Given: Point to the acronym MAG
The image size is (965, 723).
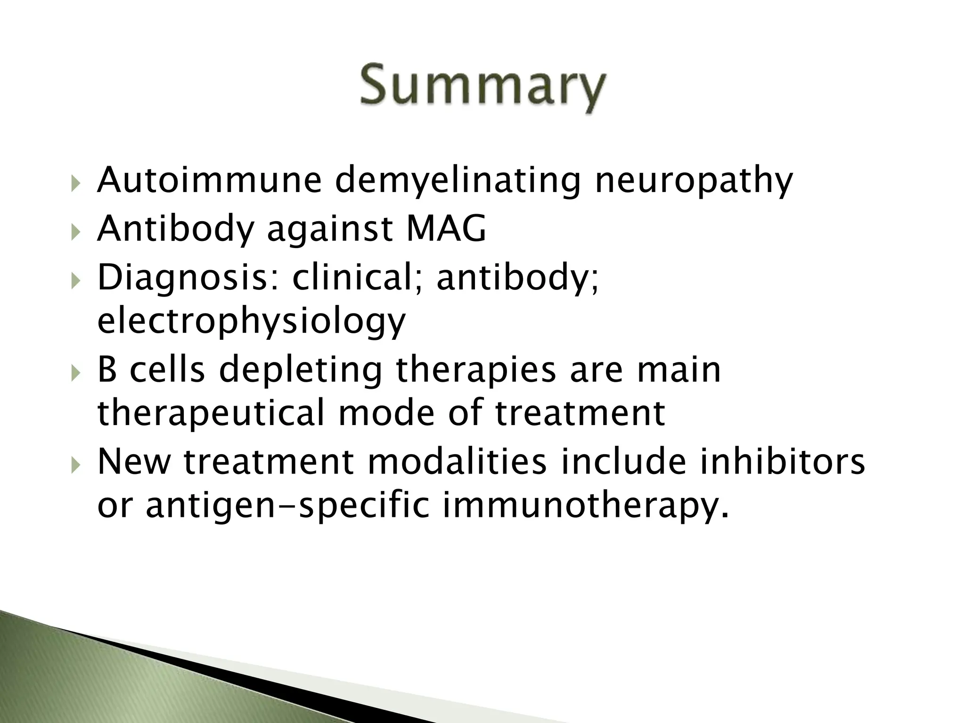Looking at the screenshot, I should pyautogui.click(x=445, y=229).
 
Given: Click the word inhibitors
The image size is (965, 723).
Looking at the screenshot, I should pyautogui.click(x=782, y=462).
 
